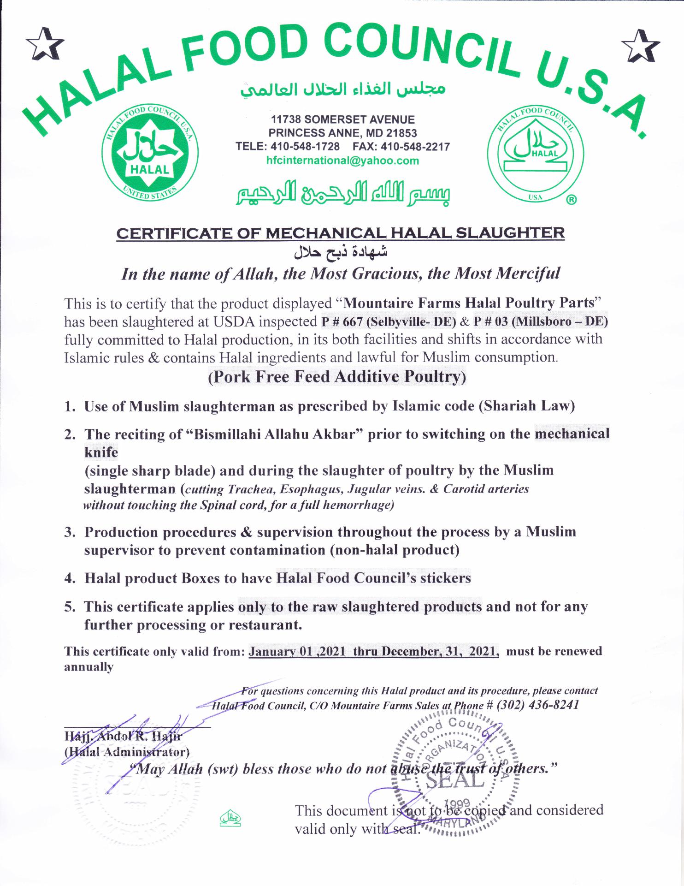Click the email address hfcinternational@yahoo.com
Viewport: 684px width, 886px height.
click(342, 161)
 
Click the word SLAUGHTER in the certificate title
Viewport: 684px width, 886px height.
click(510, 232)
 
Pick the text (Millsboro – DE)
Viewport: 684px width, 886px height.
click(560, 321)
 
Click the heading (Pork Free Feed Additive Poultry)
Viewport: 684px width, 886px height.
click(337, 377)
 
